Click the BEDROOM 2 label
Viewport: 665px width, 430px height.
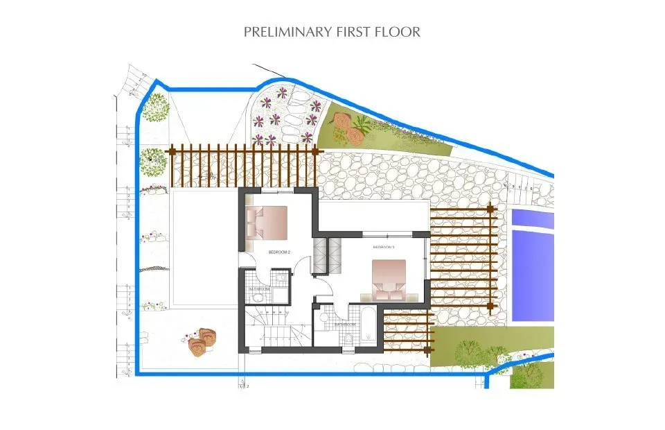point(279,252)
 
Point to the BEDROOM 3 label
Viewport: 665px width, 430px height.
point(383,247)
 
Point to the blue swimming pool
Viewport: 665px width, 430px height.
point(533,266)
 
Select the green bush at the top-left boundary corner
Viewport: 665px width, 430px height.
point(158,108)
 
